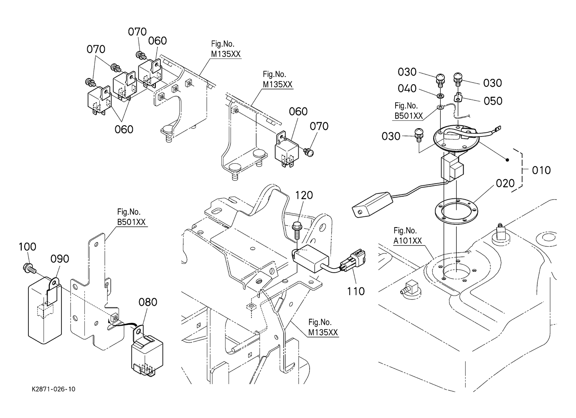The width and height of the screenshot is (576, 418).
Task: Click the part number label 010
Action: click(x=541, y=170)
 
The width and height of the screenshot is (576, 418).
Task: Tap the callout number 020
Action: click(x=505, y=183)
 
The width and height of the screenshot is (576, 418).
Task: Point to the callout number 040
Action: click(x=407, y=89)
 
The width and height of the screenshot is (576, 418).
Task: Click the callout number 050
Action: click(x=493, y=101)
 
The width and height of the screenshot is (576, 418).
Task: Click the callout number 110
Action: click(x=355, y=291)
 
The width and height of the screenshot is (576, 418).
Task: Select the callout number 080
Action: click(x=148, y=302)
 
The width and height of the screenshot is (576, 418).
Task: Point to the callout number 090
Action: click(x=60, y=259)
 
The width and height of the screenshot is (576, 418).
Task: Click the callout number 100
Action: click(x=27, y=247)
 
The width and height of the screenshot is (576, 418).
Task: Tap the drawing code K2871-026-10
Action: click(x=53, y=389)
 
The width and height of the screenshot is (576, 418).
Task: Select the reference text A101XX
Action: click(x=407, y=241)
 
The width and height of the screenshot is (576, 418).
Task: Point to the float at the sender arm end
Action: click(x=371, y=204)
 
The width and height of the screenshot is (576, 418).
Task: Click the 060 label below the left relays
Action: click(x=124, y=129)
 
